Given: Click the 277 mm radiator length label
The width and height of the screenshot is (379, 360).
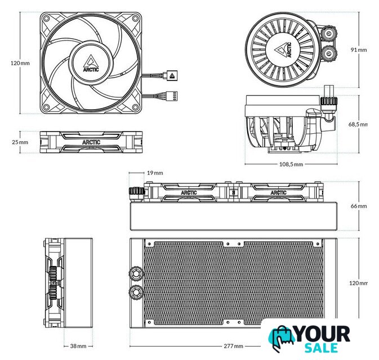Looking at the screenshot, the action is [233, 346].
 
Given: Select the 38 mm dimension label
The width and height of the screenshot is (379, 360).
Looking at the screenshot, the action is [78, 346].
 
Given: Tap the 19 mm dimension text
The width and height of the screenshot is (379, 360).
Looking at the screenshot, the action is [155, 173].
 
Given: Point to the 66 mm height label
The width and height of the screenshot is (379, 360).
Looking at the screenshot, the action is [359, 206].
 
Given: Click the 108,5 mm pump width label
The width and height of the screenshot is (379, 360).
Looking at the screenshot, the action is [291, 164].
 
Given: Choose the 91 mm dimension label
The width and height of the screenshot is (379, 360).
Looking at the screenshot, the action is [359, 49].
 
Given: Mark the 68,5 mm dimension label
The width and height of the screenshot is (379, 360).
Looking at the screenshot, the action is [358, 124].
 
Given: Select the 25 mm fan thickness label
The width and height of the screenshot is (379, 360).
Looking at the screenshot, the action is [20, 142].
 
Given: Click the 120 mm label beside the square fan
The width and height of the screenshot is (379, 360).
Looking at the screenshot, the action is [20, 63].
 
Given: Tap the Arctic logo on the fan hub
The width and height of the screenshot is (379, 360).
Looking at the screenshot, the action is [91, 64].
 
